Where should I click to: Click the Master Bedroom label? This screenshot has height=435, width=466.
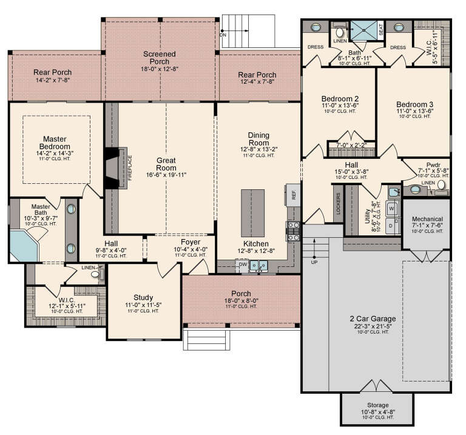click(x=55, y=143)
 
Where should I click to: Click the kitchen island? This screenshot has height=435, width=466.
click(x=252, y=213)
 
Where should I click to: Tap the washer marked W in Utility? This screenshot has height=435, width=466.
click(x=391, y=207)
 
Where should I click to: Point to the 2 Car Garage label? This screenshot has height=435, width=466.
click(x=373, y=319)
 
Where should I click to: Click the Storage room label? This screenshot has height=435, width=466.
click(x=378, y=405)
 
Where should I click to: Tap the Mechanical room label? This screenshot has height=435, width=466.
click(x=427, y=219)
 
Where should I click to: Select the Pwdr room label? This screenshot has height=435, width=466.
click(x=433, y=164)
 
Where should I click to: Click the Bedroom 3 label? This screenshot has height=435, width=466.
click(x=415, y=104)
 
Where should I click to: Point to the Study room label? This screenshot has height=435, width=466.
click(x=143, y=297)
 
